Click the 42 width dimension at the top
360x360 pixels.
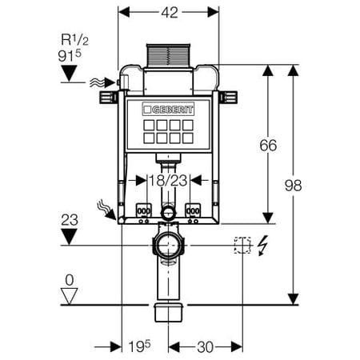(x=170, y=12)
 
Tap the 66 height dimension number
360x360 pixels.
(x=268, y=146)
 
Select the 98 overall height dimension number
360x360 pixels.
(x=293, y=186)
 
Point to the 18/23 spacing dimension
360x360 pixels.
(x=168, y=181)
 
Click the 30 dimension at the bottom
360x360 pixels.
(x=206, y=347)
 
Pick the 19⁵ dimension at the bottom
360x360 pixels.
(x=139, y=346)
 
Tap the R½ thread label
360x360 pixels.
(x=74, y=40)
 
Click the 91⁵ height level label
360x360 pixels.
(x=70, y=56)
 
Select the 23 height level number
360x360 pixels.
(x=70, y=220)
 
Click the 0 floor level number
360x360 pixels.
(x=70, y=280)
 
